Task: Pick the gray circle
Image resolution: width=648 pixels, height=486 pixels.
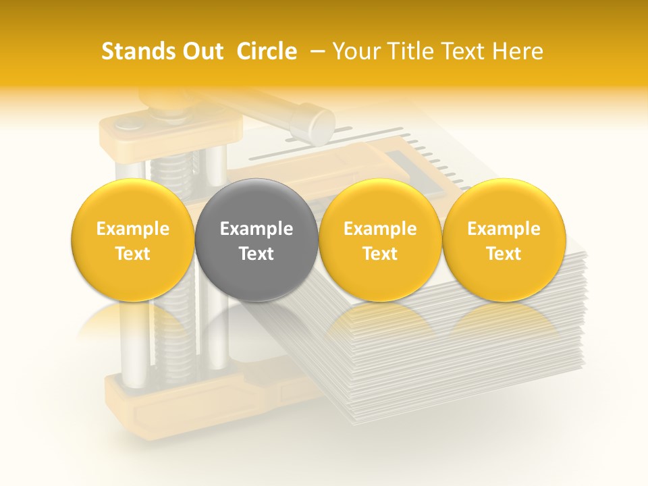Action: (x=256, y=240)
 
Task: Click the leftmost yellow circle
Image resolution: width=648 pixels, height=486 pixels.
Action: (x=133, y=240)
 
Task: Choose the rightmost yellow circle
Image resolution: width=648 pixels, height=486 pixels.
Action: (x=504, y=240)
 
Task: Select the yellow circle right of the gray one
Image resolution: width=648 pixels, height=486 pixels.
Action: (x=380, y=240)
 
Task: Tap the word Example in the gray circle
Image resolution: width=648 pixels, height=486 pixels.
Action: (x=256, y=229)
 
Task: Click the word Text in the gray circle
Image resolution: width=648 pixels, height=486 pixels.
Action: (x=256, y=254)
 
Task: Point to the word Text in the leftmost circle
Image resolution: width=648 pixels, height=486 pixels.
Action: (x=133, y=254)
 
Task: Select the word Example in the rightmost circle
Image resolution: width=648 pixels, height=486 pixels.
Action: (x=504, y=229)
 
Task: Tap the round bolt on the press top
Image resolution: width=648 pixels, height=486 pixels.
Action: (x=126, y=124)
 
